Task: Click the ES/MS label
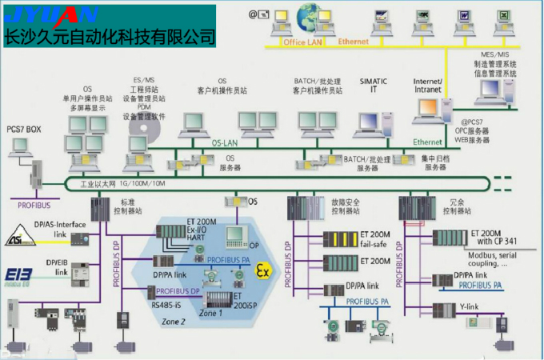(144, 80)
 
